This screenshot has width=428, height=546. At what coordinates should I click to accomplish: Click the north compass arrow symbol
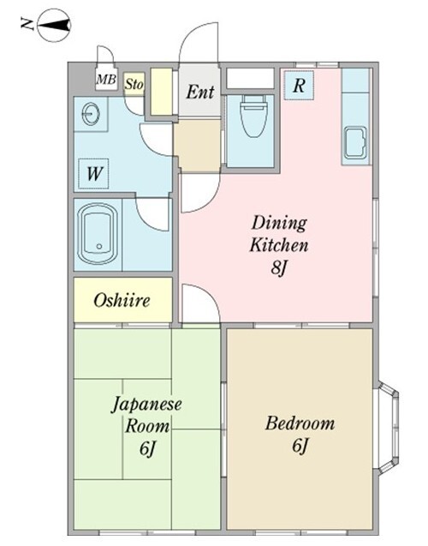(x=54, y=26)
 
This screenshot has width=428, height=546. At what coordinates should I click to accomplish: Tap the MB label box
(x=105, y=81)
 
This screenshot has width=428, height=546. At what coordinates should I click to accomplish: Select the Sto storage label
(x=134, y=84)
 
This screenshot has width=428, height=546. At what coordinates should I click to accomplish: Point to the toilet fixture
(x=252, y=118)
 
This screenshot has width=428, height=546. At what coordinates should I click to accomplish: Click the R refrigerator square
(x=300, y=85)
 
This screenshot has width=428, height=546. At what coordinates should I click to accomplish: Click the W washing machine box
(x=95, y=175)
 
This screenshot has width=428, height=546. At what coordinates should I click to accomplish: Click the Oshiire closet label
(x=122, y=300)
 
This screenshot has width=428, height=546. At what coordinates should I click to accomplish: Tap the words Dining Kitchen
(x=278, y=234)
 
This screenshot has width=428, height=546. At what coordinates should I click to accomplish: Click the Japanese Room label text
(x=141, y=416)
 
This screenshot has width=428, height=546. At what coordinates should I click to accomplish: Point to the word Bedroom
(x=300, y=423)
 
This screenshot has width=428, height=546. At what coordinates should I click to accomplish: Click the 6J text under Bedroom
(x=300, y=446)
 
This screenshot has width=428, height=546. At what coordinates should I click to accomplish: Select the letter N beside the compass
(x=28, y=26)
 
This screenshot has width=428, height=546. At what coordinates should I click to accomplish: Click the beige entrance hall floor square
(x=199, y=145)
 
